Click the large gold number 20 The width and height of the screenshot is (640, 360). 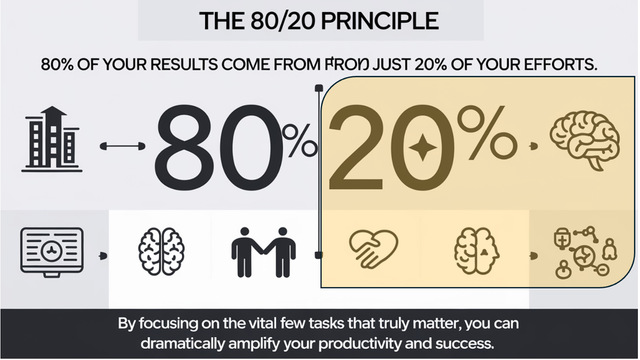(390, 149)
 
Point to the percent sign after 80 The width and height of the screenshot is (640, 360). (300, 141)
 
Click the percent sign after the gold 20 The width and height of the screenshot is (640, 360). (486, 133)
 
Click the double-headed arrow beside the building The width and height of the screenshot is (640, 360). (122, 147)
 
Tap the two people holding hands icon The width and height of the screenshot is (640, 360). (263, 252)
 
